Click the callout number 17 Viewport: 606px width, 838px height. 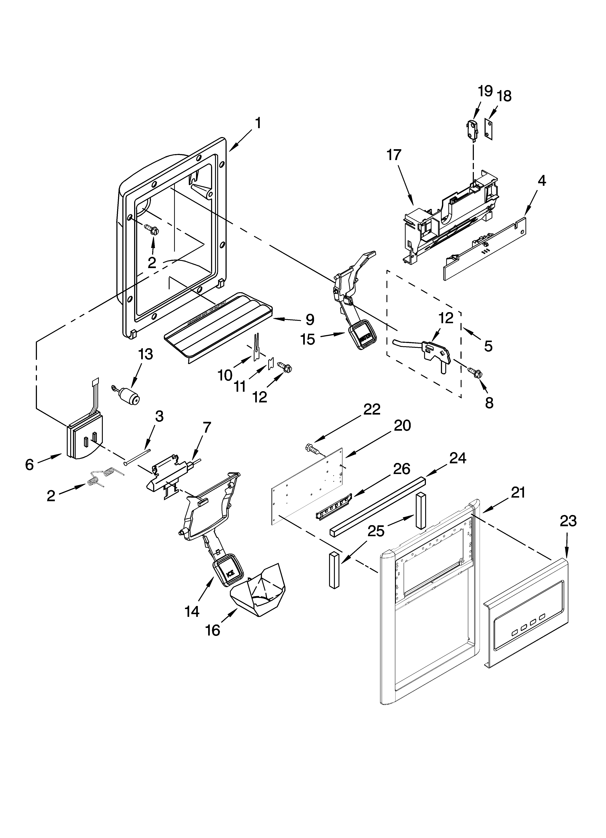[394, 155]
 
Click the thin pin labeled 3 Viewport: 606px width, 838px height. [137, 456]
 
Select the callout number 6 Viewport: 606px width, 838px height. [30, 464]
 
